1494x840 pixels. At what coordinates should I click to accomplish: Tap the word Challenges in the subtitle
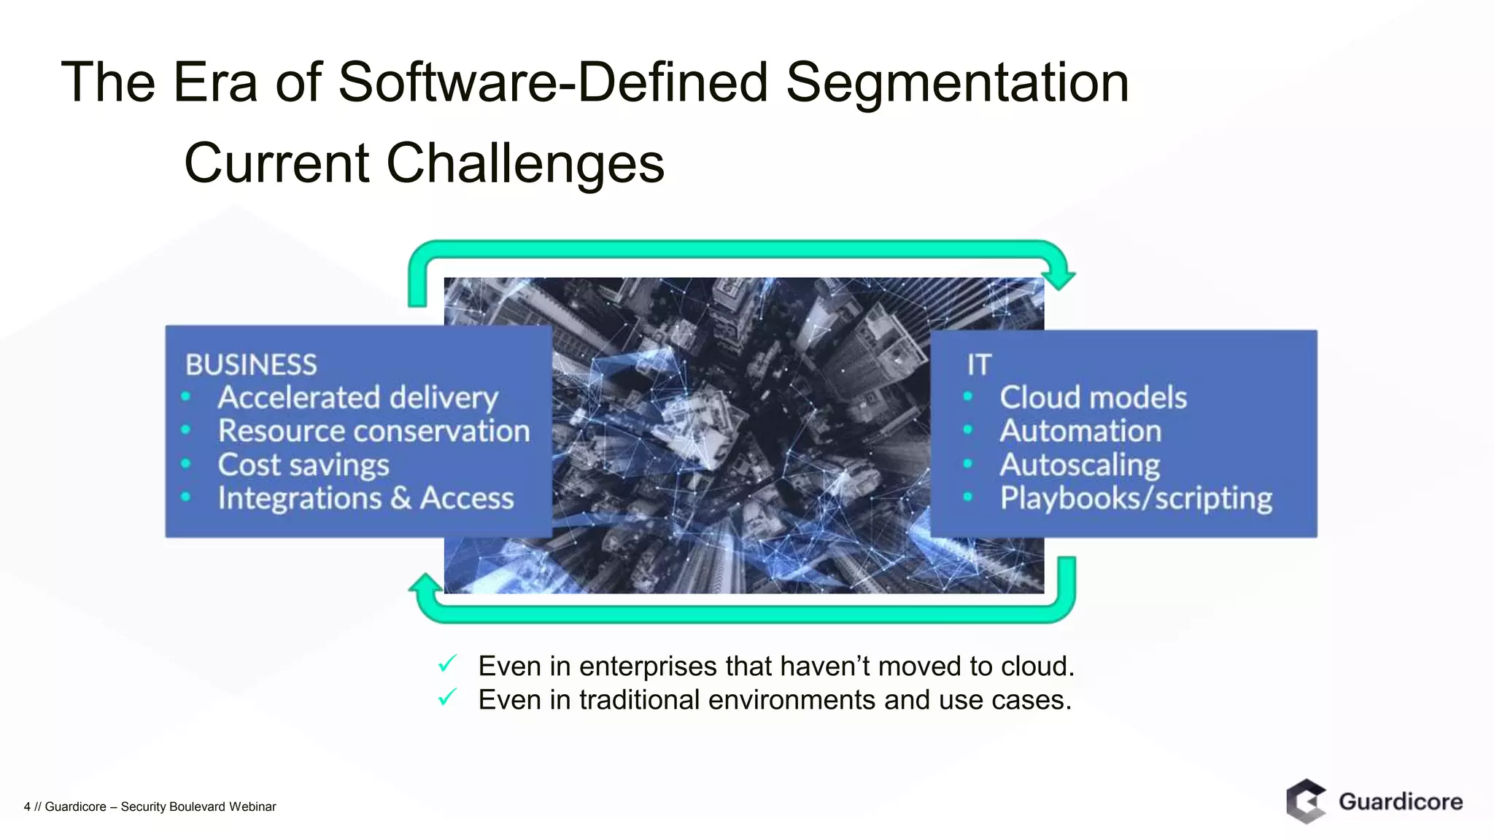pyautogui.click(x=525, y=163)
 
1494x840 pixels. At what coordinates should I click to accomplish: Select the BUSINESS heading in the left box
pyautogui.click(x=251, y=365)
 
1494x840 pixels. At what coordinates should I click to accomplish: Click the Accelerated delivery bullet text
pyautogui.click(x=357, y=398)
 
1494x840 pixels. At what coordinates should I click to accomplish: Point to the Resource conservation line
pyautogui.click(x=373, y=431)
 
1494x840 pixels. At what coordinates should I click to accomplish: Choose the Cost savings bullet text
pyautogui.click(x=303, y=465)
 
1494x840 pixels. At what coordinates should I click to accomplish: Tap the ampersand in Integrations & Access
pyautogui.click(x=400, y=499)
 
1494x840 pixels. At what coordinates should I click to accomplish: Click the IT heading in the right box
pyautogui.click(x=979, y=365)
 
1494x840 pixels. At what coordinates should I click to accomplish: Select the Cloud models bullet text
pyautogui.click(x=1093, y=398)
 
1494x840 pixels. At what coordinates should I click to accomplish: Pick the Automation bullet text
pyautogui.click(x=1080, y=431)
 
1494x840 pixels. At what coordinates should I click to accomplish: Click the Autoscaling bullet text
pyautogui.click(x=1080, y=465)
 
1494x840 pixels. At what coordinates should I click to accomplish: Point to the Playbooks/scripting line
pyautogui.click(x=1136, y=499)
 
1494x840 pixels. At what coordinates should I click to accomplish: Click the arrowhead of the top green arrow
pyautogui.click(x=1058, y=278)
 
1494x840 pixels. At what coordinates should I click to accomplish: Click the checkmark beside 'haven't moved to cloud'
pyautogui.click(x=447, y=664)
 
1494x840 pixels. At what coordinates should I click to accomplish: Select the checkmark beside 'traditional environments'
pyautogui.click(x=447, y=697)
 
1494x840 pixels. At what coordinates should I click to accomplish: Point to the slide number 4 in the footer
pyautogui.click(x=27, y=806)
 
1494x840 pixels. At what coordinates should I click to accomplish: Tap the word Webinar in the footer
pyautogui.click(x=252, y=806)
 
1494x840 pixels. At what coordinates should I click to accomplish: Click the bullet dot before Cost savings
pyautogui.click(x=186, y=464)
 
